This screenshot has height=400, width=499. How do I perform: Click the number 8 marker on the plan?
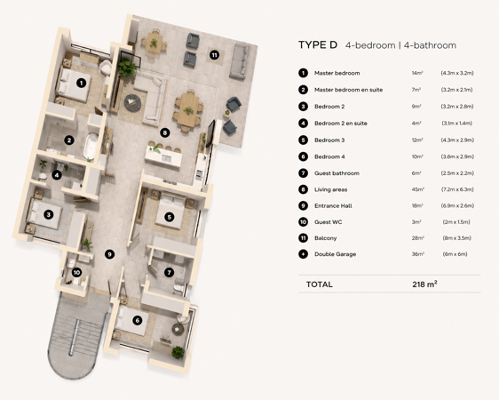[164, 132]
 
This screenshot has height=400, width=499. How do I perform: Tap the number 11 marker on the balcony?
[214, 55]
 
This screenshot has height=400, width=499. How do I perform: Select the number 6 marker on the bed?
[137, 320]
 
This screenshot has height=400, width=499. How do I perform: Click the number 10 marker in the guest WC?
[76, 273]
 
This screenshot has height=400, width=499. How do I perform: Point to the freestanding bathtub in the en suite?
[91, 146]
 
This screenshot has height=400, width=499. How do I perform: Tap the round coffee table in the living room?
[132, 102]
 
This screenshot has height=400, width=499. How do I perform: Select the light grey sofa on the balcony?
[240, 61]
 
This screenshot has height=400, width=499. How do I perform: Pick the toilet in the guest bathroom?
[178, 288]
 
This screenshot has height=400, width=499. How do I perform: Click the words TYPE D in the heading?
[318, 45]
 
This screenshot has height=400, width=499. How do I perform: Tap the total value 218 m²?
[424, 284]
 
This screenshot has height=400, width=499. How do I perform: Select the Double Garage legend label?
[335, 254]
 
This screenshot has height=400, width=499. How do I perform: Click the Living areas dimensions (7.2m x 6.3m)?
[457, 189]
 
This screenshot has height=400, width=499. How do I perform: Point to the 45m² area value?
[417, 189]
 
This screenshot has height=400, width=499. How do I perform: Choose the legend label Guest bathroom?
[337, 173]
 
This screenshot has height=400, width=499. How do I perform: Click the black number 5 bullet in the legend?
[304, 140]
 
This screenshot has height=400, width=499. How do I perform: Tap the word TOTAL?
[319, 284]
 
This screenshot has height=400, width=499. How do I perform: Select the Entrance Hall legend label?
[333, 205]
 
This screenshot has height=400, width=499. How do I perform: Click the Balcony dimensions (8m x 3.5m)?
[456, 238]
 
